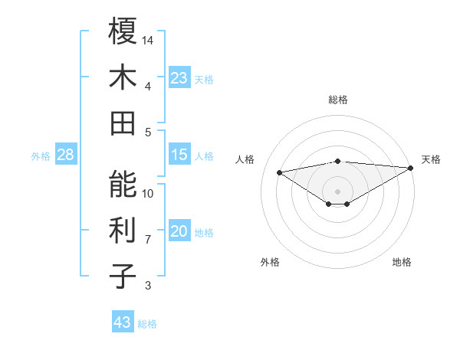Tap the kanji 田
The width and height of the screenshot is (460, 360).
click(x=123, y=123)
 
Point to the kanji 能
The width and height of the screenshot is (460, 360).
click(x=123, y=185)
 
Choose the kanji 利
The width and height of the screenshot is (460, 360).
click(x=123, y=231)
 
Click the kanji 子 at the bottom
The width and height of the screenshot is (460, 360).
click(x=123, y=276)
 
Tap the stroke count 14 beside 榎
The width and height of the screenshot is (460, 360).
click(x=149, y=40)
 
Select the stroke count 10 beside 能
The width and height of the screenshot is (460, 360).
click(x=149, y=194)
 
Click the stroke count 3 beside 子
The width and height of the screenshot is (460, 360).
click(x=148, y=286)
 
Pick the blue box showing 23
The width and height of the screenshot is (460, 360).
click(x=179, y=78)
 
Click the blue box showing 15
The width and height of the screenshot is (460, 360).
click(x=179, y=155)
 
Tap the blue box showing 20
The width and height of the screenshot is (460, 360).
click(x=179, y=232)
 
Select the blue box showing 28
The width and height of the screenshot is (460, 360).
click(x=66, y=155)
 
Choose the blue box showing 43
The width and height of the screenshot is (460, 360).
click(x=122, y=322)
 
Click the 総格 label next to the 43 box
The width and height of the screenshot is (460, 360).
click(x=147, y=324)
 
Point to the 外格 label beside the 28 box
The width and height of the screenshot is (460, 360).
click(x=41, y=156)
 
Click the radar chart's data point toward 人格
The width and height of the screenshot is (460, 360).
click(x=280, y=172)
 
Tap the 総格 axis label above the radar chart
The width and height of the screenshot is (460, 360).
click(x=338, y=100)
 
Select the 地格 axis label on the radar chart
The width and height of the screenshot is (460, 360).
click(x=402, y=262)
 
